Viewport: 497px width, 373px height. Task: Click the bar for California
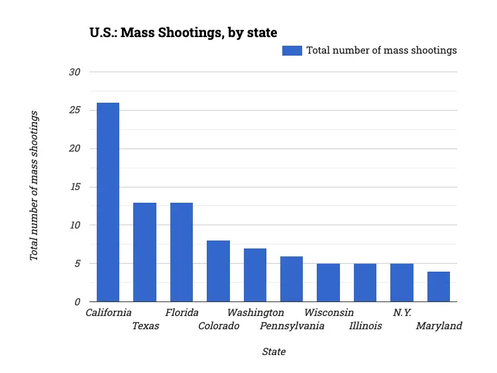tap(108, 202)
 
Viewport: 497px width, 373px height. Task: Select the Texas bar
tap(144, 252)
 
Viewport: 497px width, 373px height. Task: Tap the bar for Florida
tap(182, 252)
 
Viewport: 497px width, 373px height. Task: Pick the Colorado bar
tap(218, 271)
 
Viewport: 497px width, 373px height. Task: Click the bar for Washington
tap(255, 275)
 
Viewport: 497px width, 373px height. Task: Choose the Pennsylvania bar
tap(292, 279)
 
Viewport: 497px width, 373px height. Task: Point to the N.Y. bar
tap(402, 282)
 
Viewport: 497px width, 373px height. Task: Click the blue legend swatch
tap(292, 50)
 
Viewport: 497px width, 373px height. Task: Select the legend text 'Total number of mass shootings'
tap(381, 50)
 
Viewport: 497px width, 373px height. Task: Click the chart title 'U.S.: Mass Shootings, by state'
tap(183, 32)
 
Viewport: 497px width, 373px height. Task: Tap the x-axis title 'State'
tap(274, 351)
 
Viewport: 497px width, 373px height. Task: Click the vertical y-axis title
tap(34, 186)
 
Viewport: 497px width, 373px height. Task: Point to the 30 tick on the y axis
tap(74, 72)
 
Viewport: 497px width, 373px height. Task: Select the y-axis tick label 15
tap(74, 187)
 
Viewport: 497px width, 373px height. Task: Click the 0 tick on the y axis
tap(77, 302)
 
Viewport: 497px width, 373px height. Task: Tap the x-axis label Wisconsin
tap(329, 312)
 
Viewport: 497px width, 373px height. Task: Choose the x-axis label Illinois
tap(365, 325)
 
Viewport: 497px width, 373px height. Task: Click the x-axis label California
tap(109, 312)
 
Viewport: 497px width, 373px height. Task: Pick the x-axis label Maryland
tap(439, 325)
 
